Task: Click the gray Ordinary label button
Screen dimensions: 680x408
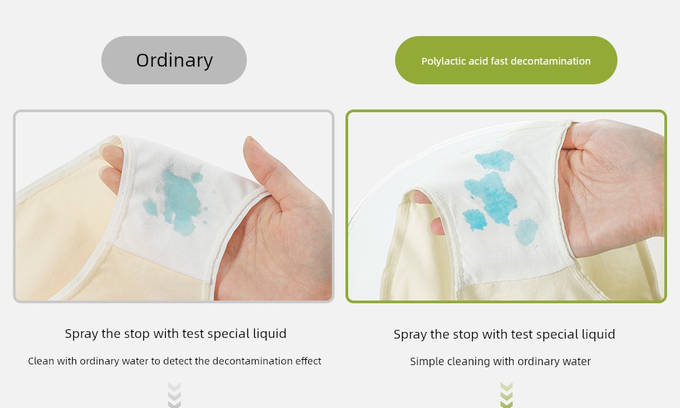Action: coord(174,61)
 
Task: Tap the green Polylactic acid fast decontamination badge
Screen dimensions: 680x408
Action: coord(506,61)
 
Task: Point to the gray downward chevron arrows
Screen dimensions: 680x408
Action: coord(174,395)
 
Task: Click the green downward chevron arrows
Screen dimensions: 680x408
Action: coord(507,395)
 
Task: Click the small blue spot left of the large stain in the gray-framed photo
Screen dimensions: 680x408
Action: coord(150,207)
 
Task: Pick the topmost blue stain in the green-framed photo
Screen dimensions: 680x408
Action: coord(495,160)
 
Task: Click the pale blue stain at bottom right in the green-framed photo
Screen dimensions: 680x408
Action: coord(526,231)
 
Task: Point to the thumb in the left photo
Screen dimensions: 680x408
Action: coord(265,169)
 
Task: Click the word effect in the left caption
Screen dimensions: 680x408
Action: coord(308,361)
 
